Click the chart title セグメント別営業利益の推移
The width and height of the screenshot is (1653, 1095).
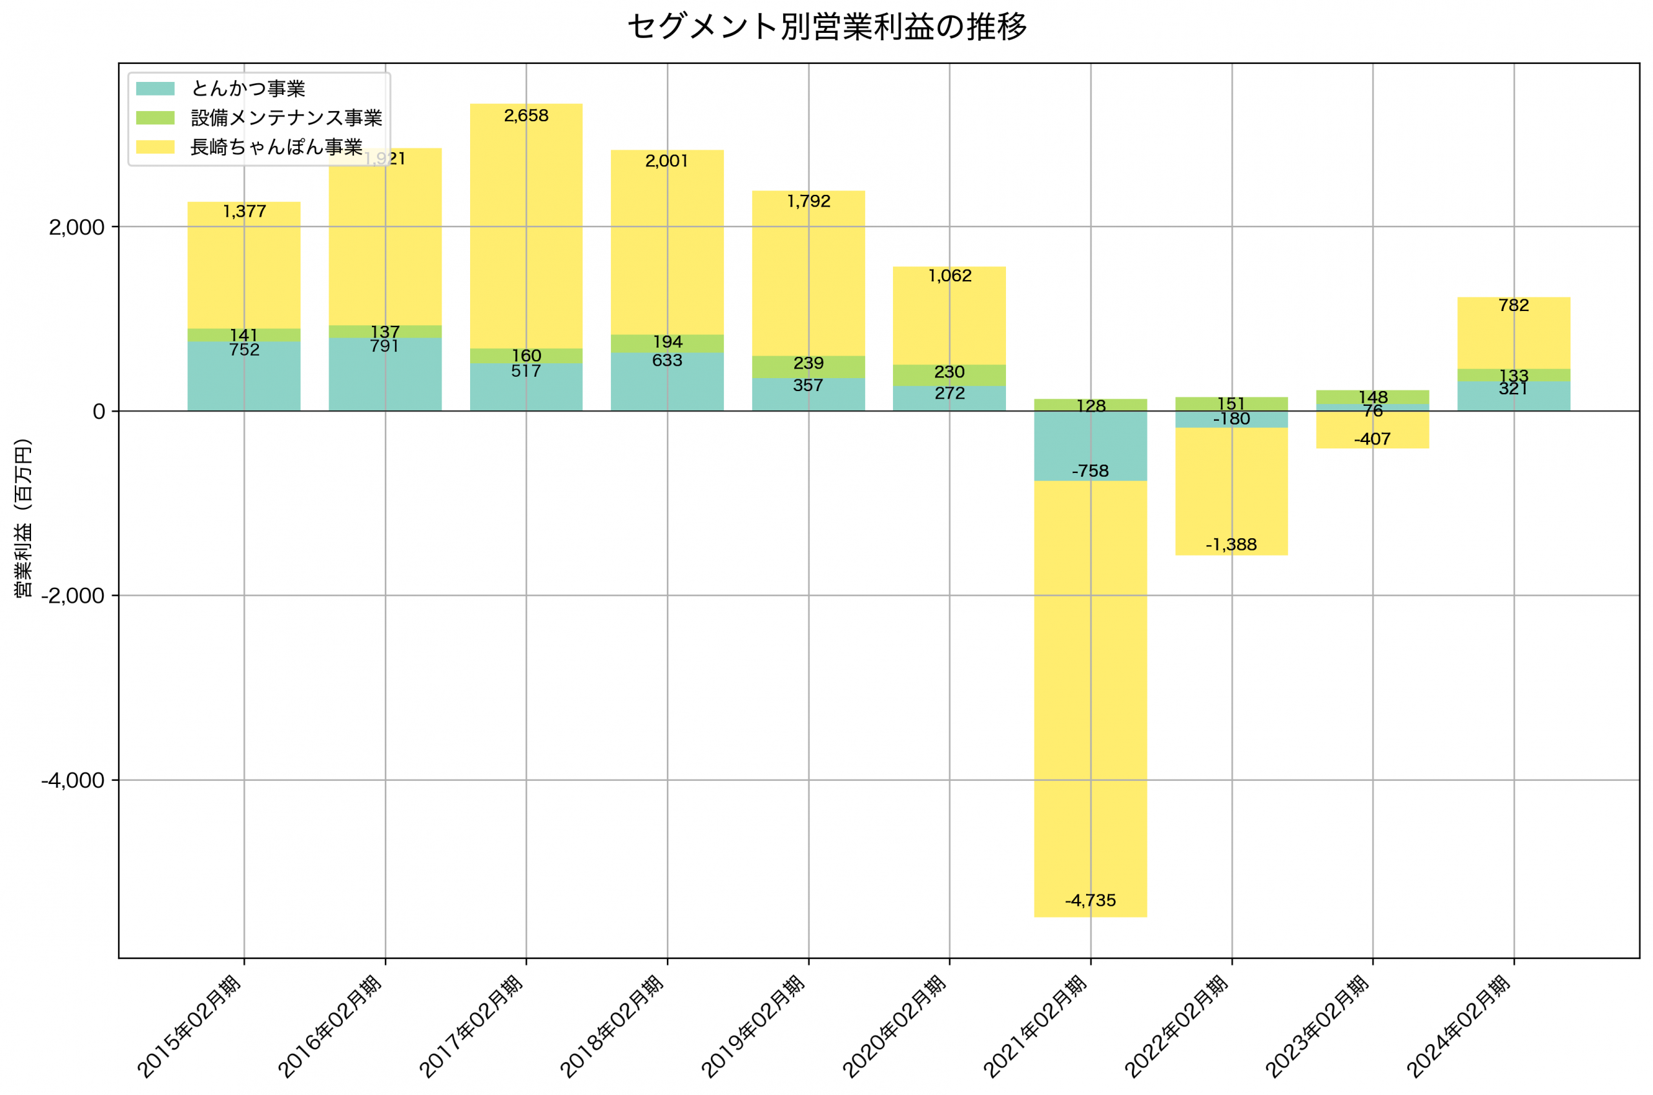pyautogui.click(x=826, y=26)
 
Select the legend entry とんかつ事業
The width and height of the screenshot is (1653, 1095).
pyautogui.click(x=248, y=88)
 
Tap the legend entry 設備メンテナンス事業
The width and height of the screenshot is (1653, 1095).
pyautogui.click(x=287, y=118)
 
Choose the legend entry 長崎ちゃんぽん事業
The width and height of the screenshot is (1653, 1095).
pyautogui.click(x=276, y=146)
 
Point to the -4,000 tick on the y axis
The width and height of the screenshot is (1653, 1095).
pyautogui.click(x=73, y=781)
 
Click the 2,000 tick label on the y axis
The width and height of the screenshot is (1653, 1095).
pyautogui.click(x=77, y=228)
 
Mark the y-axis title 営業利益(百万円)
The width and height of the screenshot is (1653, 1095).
pyautogui.click(x=23, y=517)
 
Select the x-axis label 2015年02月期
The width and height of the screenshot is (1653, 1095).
pyautogui.click(x=189, y=1027)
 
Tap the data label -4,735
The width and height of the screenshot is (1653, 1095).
pyautogui.click(x=1090, y=901)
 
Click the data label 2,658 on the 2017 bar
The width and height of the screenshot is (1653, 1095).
pyautogui.click(x=526, y=116)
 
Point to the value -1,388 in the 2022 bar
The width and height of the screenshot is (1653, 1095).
pyautogui.click(x=1231, y=545)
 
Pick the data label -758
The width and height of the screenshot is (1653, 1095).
pyautogui.click(x=1090, y=472)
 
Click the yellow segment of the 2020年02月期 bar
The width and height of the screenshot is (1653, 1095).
pyautogui.click(x=949, y=321)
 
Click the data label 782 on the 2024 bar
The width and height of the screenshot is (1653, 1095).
pyautogui.click(x=1514, y=306)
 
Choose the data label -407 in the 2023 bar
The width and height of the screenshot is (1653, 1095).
pyautogui.click(x=1372, y=439)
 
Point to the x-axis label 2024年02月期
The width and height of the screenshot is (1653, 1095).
pyautogui.click(x=1459, y=1027)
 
